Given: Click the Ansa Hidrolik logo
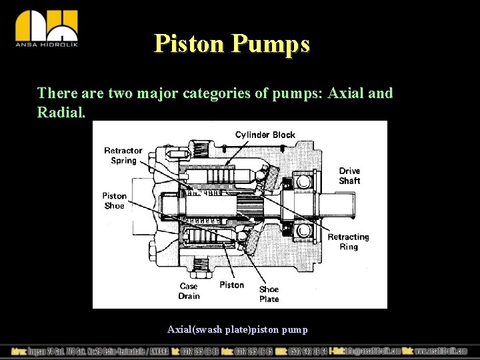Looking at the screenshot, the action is click(x=46, y=29).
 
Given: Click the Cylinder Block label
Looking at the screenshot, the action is click(x=265, y=135).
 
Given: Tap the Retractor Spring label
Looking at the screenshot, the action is click(x=123, y=155).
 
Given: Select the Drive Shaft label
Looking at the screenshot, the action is click(x=349, y=176).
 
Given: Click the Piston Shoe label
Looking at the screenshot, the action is click(x=114, y=201).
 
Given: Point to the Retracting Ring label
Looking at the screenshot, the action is click(x=348, y=241).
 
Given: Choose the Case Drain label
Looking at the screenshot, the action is click(x=189, y=291).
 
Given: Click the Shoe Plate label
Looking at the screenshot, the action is click(x=269, y=294).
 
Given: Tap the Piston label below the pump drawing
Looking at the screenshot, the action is click(x=232, y=285).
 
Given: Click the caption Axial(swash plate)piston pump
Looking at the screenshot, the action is click(x=237, y=329).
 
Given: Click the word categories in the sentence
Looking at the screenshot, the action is click(x=218, y=93).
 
